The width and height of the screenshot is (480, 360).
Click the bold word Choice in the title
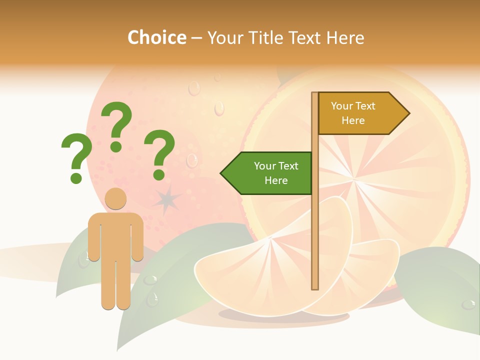pyautogui.click(x=156, y=38)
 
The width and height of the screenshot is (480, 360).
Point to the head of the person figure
pyautogui.click(x=116, y=198)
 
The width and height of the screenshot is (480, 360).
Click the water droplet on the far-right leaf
pyautogui.click(x=468, y=303)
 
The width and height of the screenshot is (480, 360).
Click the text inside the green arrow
pyautogui.click(x=276, y=173)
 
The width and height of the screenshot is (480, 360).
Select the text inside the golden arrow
pyautogui.click(x=353, y=113)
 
